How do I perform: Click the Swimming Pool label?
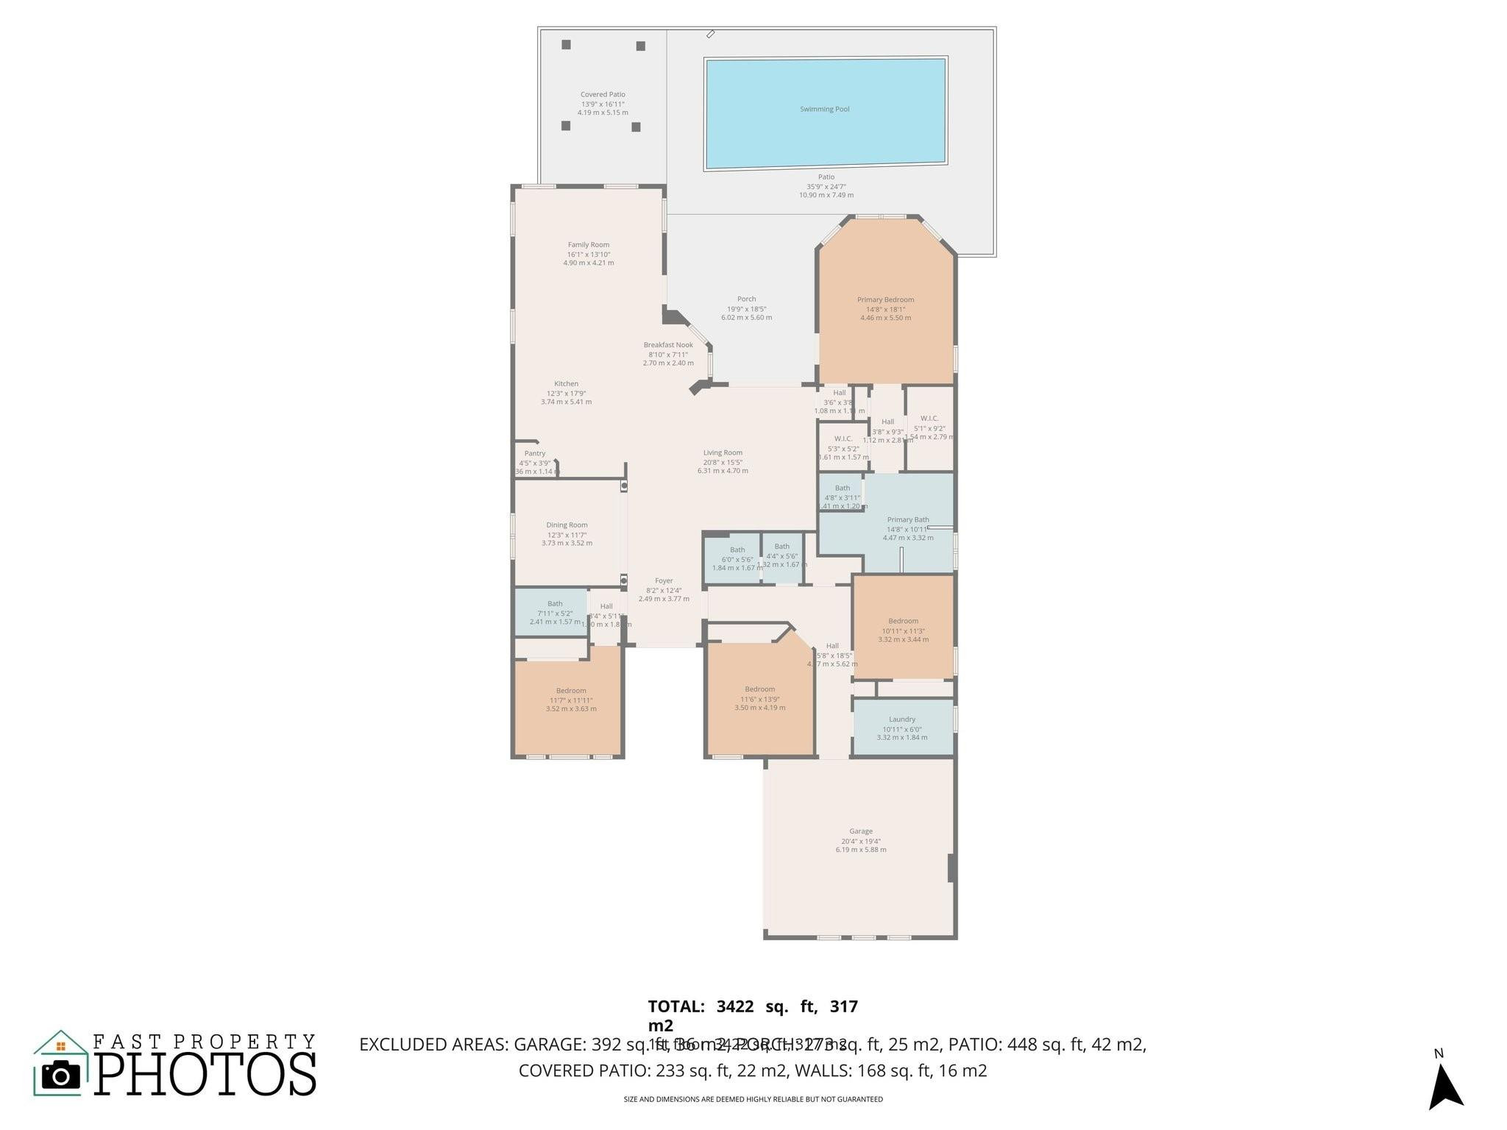click(x=824, y=110)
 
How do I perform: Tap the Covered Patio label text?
click(x=603, y=95)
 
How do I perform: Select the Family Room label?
click(x=588, y=245)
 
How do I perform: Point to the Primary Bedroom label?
click(x=885, y=300)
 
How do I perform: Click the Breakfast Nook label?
click(x=668, y=345)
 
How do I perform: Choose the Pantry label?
click(x=535, y=454)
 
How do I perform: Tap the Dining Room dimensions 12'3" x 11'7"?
click(x=567, y=535)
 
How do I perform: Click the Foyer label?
click(x=664, y=581)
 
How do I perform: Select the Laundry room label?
click(x=901, y=719)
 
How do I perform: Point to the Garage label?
click(x=860, y=831)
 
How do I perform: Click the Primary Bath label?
click(x=907, y=520)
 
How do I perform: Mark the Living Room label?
click(x=723, y=453)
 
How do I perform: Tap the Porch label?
click(x=746, y=299)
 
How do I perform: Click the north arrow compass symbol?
click(x=1444, y=1087)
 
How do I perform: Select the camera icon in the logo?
click(x=61, y=1076)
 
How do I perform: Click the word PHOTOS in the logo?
click(x=205, y=1074)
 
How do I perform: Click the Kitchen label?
click(x=566, y=384)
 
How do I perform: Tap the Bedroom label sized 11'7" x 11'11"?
click(x=571, y=691)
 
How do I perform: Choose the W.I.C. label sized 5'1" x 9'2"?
click(x=929, y=419)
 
